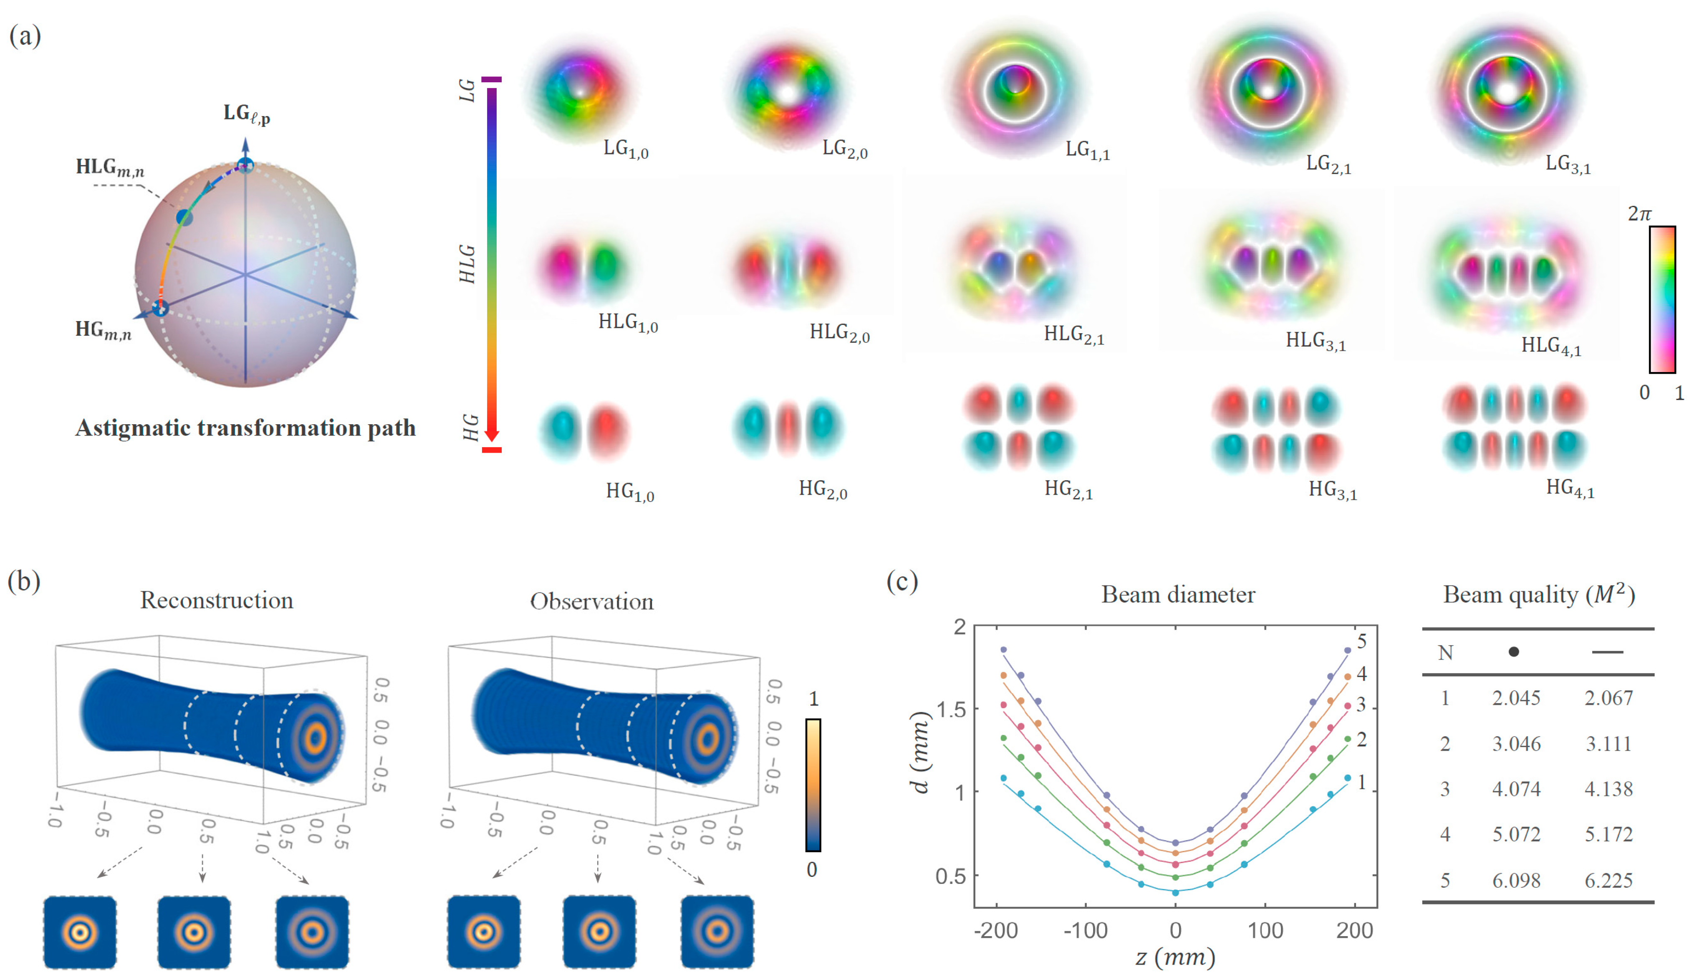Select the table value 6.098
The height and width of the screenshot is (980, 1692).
(1516, 880)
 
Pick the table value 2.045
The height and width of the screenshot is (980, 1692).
(1516, 698)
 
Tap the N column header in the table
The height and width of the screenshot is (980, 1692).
(1446, 652)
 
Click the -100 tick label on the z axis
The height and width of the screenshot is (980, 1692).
(1086, 930)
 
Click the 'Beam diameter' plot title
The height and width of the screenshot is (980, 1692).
(1178, 595)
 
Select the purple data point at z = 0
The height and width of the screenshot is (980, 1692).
(1175, 842)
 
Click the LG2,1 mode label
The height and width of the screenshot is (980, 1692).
(1328, 164)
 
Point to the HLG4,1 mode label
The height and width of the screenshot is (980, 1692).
(1551, 346)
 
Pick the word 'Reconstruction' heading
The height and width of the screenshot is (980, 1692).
(216, 600)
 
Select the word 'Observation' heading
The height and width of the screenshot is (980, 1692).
(591, 601)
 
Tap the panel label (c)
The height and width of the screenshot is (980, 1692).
(902, 580)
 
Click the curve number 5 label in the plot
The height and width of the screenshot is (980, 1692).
(1361, 641)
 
